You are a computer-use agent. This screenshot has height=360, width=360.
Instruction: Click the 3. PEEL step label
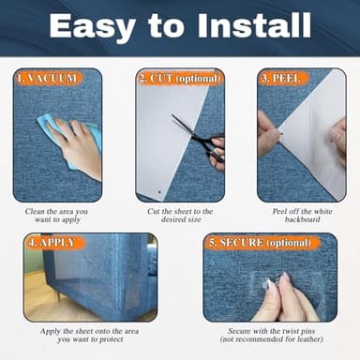(282, 79)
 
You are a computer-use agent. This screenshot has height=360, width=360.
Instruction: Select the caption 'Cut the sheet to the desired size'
(180, 217)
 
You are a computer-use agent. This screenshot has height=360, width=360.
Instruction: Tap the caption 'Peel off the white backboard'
(301, 217)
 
